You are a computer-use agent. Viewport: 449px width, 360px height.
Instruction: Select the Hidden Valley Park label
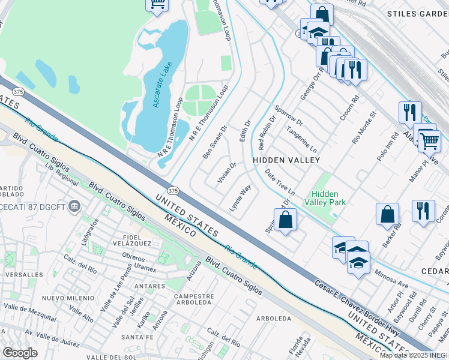[325, 199]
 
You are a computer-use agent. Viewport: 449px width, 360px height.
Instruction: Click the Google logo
[20, 353]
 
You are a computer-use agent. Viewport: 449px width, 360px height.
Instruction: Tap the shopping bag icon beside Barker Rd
[388, 214]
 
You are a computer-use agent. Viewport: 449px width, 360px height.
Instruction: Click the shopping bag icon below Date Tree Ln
[286, 219]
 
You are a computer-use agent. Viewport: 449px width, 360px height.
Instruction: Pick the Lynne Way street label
[240, 197]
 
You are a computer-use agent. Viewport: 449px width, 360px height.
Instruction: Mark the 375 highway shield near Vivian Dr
[173, 190]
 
